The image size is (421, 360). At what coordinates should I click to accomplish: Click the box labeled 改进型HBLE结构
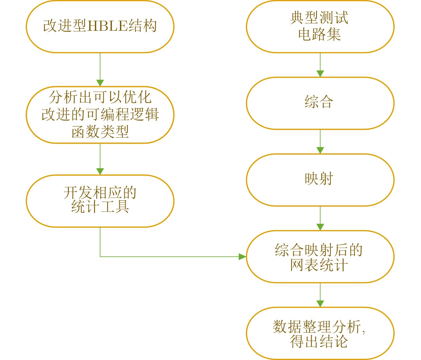click(100, 26)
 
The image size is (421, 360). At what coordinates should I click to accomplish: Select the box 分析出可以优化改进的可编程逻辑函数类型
click(100, 115)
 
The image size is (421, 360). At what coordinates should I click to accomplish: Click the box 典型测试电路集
click(320, 26)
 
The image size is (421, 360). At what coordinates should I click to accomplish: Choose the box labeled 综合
click(320, 103)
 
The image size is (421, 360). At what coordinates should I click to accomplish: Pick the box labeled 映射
click(320, 180)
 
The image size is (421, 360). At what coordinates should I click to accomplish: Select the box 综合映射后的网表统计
click(320, 256)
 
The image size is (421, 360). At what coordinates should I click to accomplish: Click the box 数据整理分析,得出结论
click(320, 333)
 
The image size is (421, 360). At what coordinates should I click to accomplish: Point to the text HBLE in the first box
click(107, 26)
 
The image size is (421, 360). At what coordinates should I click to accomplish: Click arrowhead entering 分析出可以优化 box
click(100, 83)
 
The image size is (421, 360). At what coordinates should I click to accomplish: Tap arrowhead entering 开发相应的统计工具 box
click(100, 171)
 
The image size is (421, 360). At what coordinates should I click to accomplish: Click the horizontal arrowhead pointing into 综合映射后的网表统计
click(242, 256)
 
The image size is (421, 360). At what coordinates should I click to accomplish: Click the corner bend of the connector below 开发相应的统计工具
click(100, 256)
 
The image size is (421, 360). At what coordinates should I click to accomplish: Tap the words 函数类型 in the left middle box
click(100, 132)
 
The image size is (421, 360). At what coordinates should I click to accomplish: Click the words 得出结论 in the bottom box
click(319, 341)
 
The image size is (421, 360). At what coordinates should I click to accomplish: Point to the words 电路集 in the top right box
click(319, 34)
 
